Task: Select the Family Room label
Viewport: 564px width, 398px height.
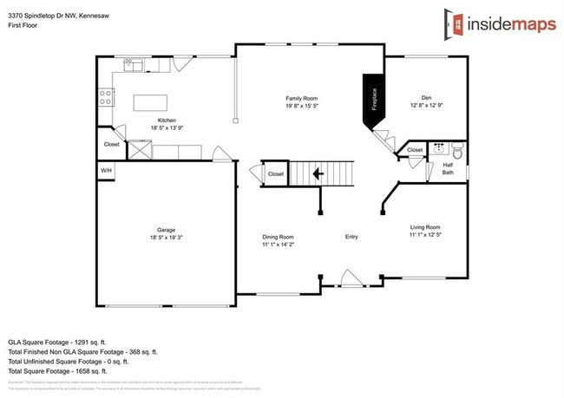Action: [x=302, y=98]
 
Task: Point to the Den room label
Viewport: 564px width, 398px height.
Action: [x=426, y=98]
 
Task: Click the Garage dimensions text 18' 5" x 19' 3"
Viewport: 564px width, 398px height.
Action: [x=165, y=237]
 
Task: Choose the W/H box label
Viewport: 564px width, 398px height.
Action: [x=106, y=171]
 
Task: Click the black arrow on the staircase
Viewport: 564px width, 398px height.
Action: [x=318, y=173]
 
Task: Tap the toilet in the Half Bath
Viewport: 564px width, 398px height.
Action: [x=458, y=150]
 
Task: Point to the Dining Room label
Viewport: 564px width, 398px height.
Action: [x=279, y=237]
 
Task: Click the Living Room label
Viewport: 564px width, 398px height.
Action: [x=425, y=227]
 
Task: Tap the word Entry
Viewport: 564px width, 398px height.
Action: [x=351, y=237]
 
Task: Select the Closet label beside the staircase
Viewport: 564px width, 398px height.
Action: [x=275, y=174]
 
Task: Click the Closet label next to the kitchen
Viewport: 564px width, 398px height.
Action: [x=112, y=145]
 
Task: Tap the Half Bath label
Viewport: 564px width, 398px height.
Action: [x=448, y=168]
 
